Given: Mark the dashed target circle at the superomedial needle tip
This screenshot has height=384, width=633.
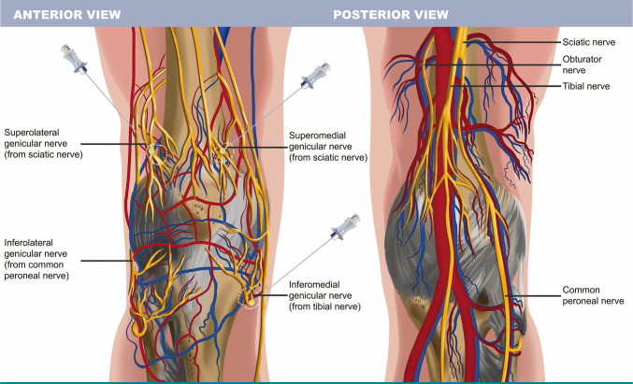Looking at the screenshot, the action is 223,152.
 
